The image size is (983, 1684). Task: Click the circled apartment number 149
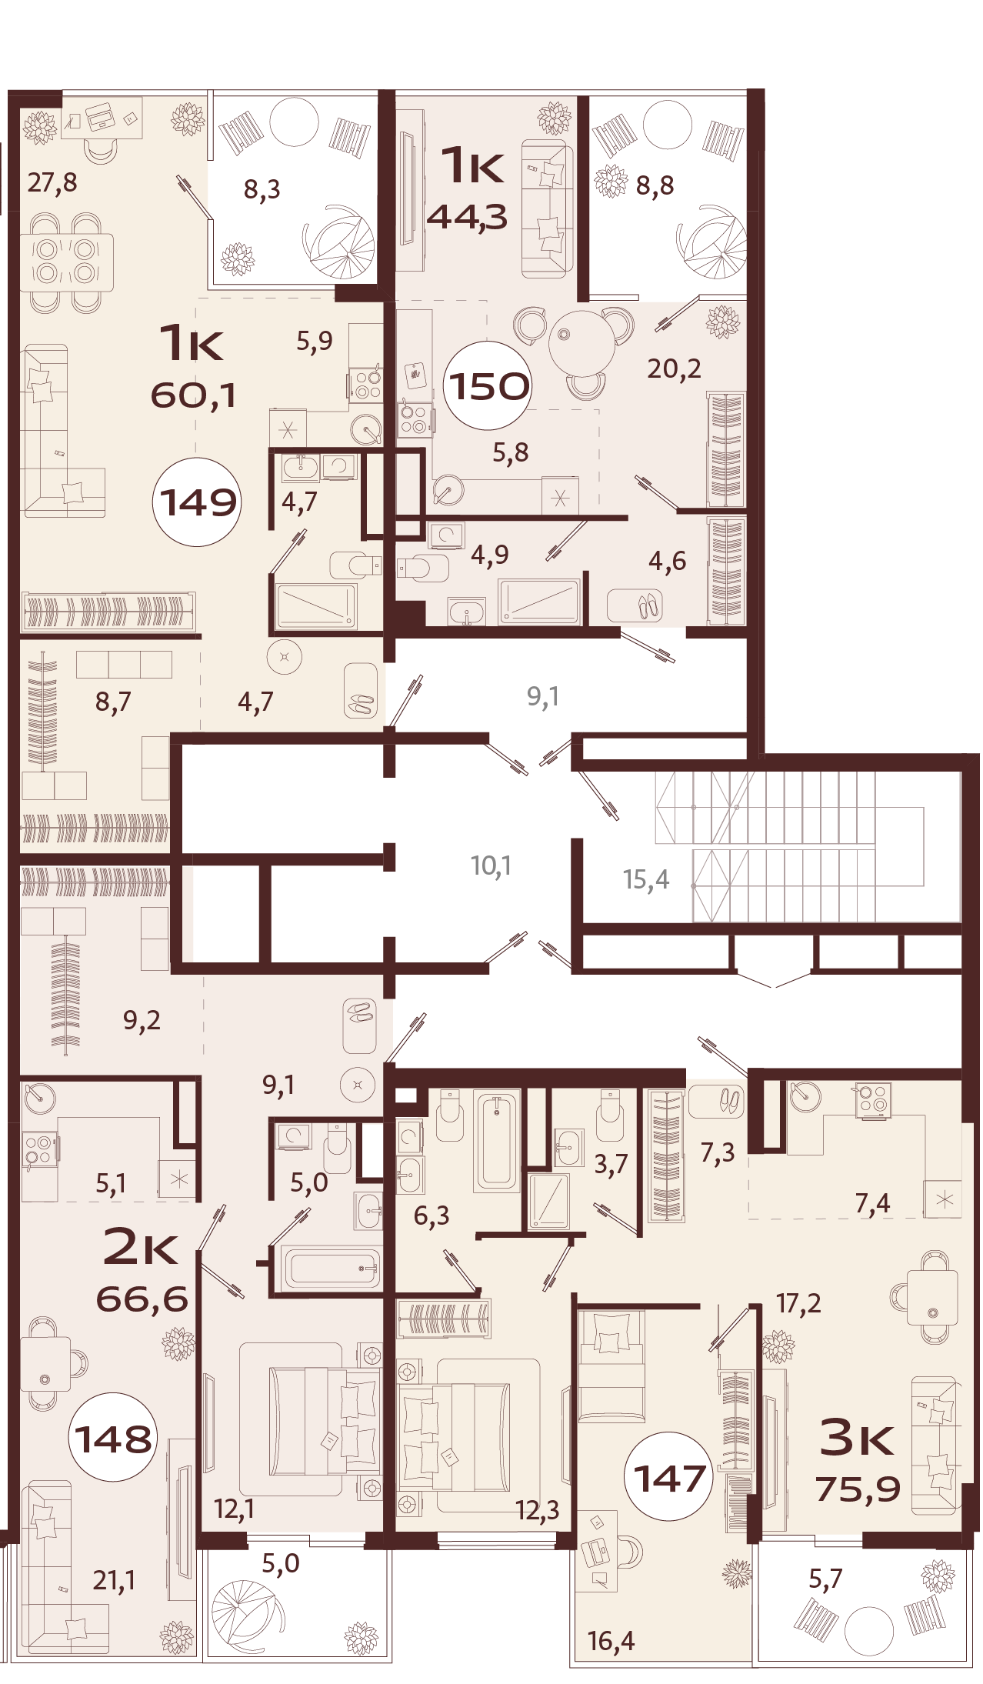click(198, 502)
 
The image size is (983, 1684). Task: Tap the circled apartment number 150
click(488, 385)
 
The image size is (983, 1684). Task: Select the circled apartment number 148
click(113, 1438)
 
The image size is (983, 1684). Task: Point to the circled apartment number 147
click(669, 1478)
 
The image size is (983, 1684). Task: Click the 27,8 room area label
click(52, 183)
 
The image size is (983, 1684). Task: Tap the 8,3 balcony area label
click(262, 188)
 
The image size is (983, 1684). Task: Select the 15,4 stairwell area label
click(645, 879)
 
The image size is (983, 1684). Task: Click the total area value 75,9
click(858, 1489)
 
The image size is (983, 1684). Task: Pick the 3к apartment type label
click(856, 1436)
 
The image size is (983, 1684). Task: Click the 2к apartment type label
click(140, 1247)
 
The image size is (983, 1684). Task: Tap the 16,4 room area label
click(611, 1640)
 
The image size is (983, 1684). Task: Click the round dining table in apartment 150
click(581, 343)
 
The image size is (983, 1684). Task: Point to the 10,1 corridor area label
click(491, 865)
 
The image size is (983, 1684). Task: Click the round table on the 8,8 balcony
click(667, 124)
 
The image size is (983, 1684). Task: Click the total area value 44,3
click(467, 218)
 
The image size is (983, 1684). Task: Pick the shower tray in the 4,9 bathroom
click(539, 601)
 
